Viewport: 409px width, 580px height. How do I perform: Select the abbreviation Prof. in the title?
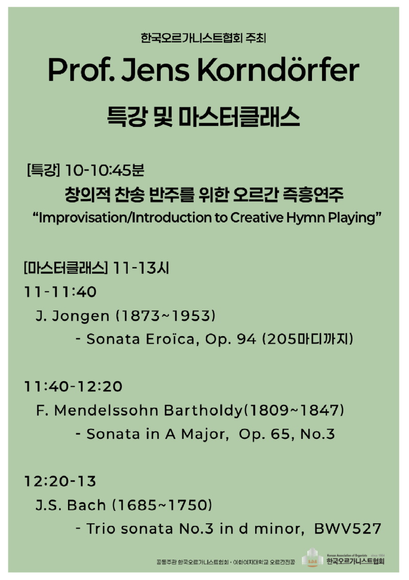[81, 71]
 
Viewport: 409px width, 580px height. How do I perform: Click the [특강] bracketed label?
[43, 168]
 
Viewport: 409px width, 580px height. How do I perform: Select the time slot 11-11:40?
[60, 292]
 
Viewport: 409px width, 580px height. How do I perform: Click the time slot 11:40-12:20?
[74, 386]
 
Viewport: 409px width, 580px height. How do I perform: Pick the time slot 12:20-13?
[60, 481]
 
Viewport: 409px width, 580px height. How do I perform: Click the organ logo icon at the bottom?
[311, 559]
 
